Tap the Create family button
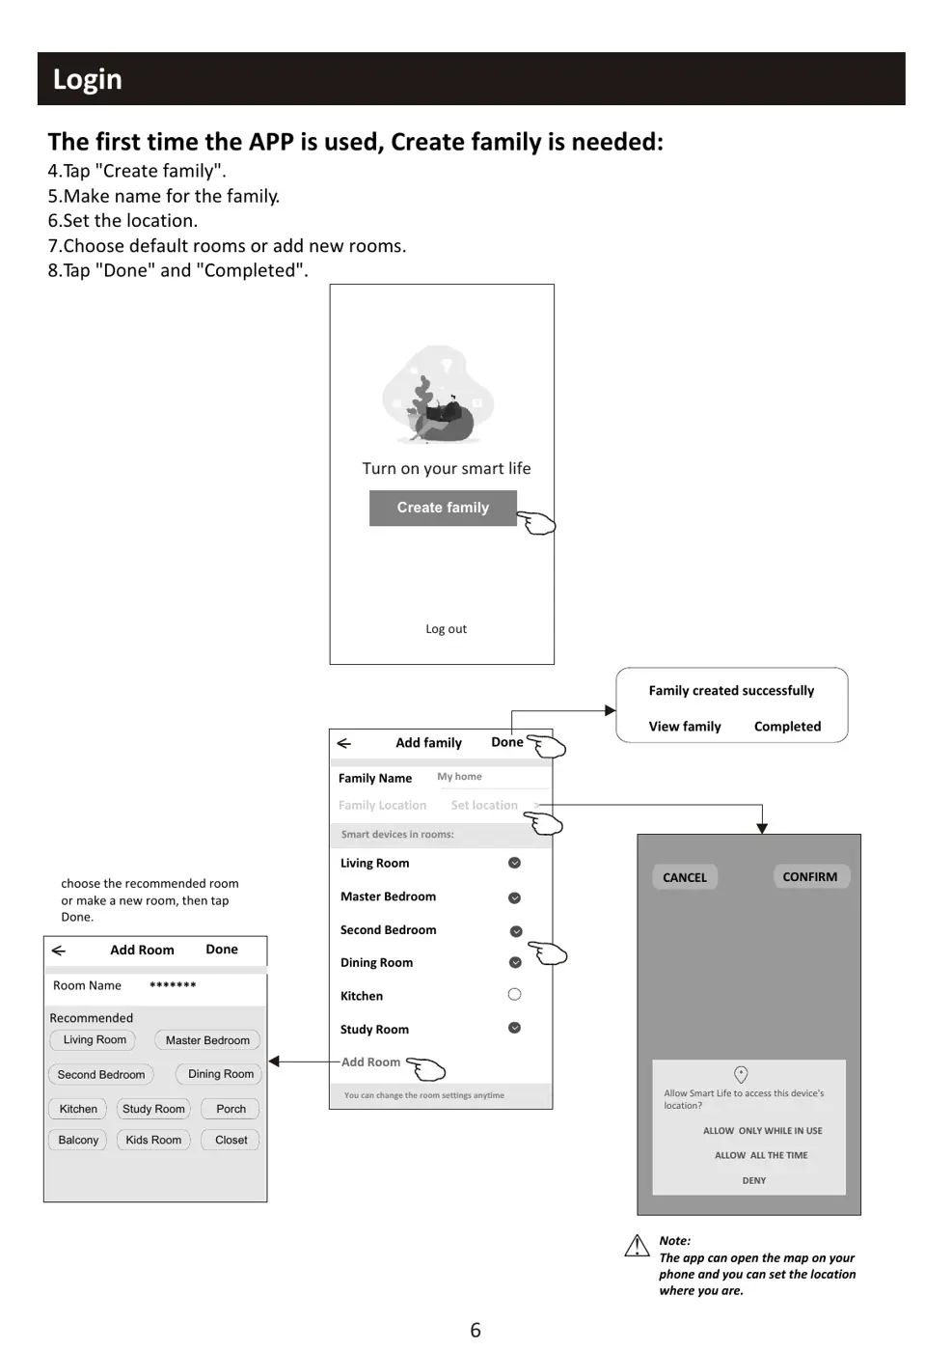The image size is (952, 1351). pos(443,508)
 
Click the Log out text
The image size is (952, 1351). pos(446,629)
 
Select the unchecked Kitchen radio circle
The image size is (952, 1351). pos(514,995)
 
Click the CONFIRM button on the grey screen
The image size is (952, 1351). pos(810,876)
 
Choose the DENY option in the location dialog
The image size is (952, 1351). pos(754,1180)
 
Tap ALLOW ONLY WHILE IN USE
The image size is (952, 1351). pos(762,1131)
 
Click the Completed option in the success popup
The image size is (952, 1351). pos(787,727)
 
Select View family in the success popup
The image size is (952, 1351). pos(685,727)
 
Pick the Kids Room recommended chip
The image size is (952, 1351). pos(153,1140)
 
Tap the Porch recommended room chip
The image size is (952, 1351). pos(231,1109)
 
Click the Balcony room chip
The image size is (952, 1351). pos(78,1140)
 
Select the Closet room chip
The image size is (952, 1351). pos(231,1140)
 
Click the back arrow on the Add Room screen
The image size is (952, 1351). pos(59,951)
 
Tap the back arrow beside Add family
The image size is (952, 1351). pos(344,743)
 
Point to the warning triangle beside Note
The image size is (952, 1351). pos(637,1247)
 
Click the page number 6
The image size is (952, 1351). pos(476,1330)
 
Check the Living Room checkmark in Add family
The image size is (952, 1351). pos(514,863)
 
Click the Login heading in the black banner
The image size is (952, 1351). pos(88,79)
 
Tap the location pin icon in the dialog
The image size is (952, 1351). pos(741,1074)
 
